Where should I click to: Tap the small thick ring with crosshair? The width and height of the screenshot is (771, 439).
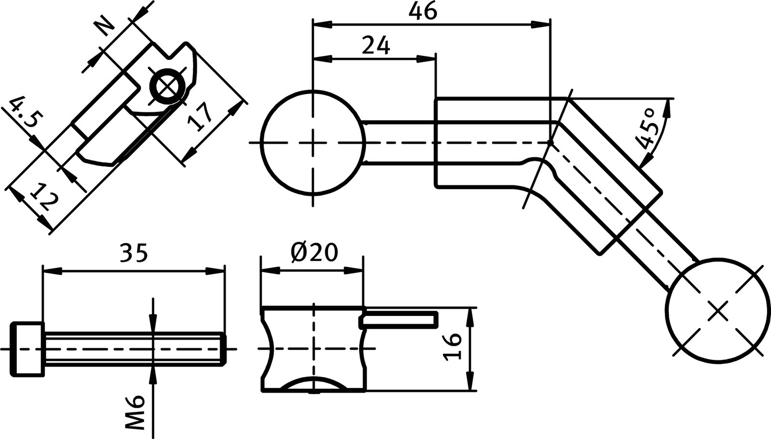167,87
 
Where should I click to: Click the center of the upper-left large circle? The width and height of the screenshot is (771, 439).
313,143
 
